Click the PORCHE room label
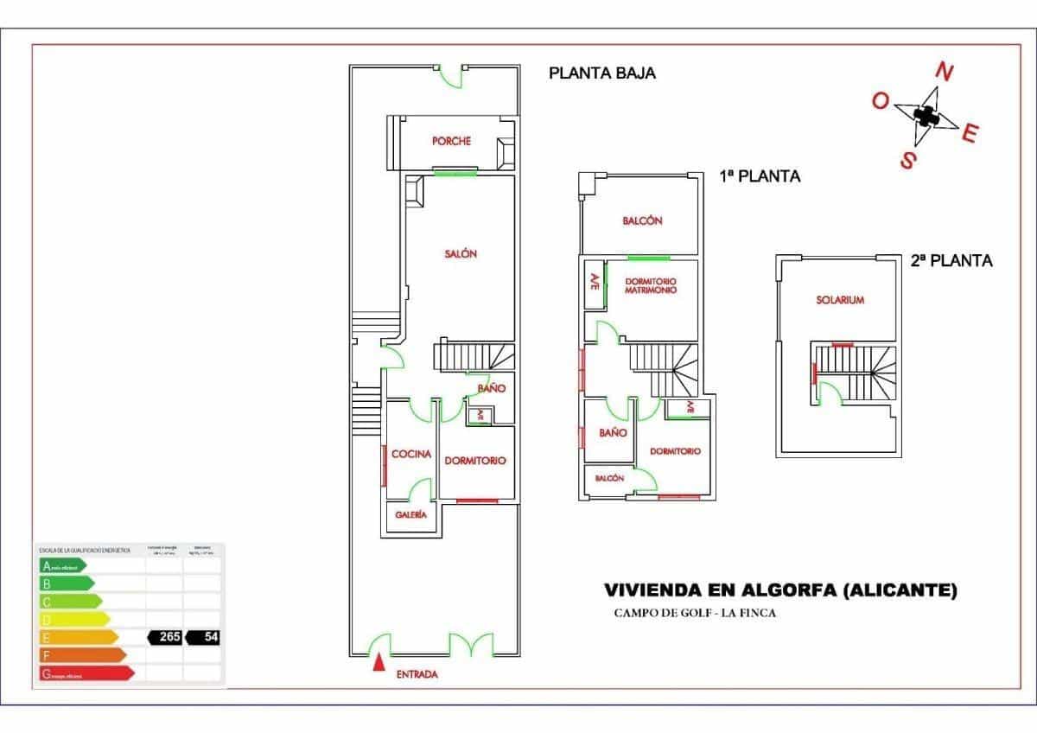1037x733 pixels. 451,141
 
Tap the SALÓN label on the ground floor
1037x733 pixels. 461,254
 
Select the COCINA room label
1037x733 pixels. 411,455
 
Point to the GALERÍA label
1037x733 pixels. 411,514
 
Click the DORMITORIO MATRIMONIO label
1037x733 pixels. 650,287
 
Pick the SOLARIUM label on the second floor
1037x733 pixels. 840,300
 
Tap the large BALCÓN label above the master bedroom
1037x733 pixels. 642,221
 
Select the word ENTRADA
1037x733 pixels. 417,675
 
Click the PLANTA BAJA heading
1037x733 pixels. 602,73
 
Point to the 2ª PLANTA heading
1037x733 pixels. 951,259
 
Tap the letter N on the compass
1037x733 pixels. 945,73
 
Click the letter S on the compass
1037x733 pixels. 908,160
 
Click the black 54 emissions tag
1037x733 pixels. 203,637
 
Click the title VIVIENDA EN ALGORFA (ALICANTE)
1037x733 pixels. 780,591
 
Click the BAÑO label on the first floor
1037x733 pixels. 613,433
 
